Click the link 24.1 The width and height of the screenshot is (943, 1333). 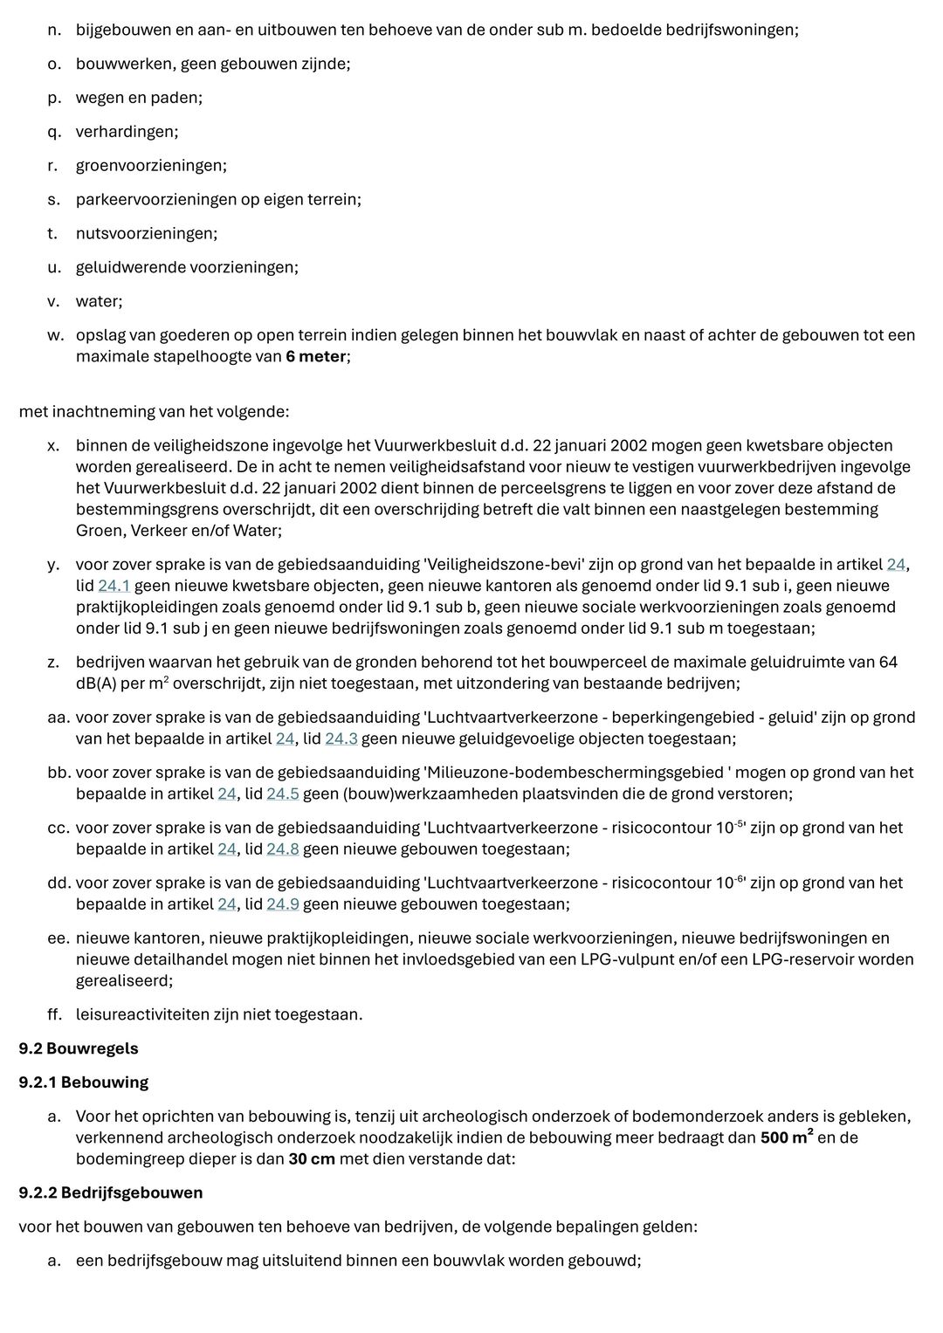(x=114, y=586)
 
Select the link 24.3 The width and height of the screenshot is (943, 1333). (x=341, y=739)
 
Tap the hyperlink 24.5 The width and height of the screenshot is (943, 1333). (x=283, y=794)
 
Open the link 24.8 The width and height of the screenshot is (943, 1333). (x=283, y=849)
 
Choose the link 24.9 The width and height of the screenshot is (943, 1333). (x=283, y=904)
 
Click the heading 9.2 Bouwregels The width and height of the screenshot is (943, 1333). (x=79, y=1048)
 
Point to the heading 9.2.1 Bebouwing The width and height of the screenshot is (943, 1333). (x=84, y=1082)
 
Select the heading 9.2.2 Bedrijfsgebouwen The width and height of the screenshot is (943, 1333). (x=111, y=1192)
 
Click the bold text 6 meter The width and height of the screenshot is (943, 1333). (x=315, y=356)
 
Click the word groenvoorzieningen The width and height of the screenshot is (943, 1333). (x=150, y=166)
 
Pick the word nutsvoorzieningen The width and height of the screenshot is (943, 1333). (x=146, y=234)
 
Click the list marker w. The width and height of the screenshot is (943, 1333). (x=55, y=335)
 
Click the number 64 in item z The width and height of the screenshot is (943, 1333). (x=888, y=663)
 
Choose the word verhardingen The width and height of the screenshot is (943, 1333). (x=127, y=132)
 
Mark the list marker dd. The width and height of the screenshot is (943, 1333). (x=59, y=883)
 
